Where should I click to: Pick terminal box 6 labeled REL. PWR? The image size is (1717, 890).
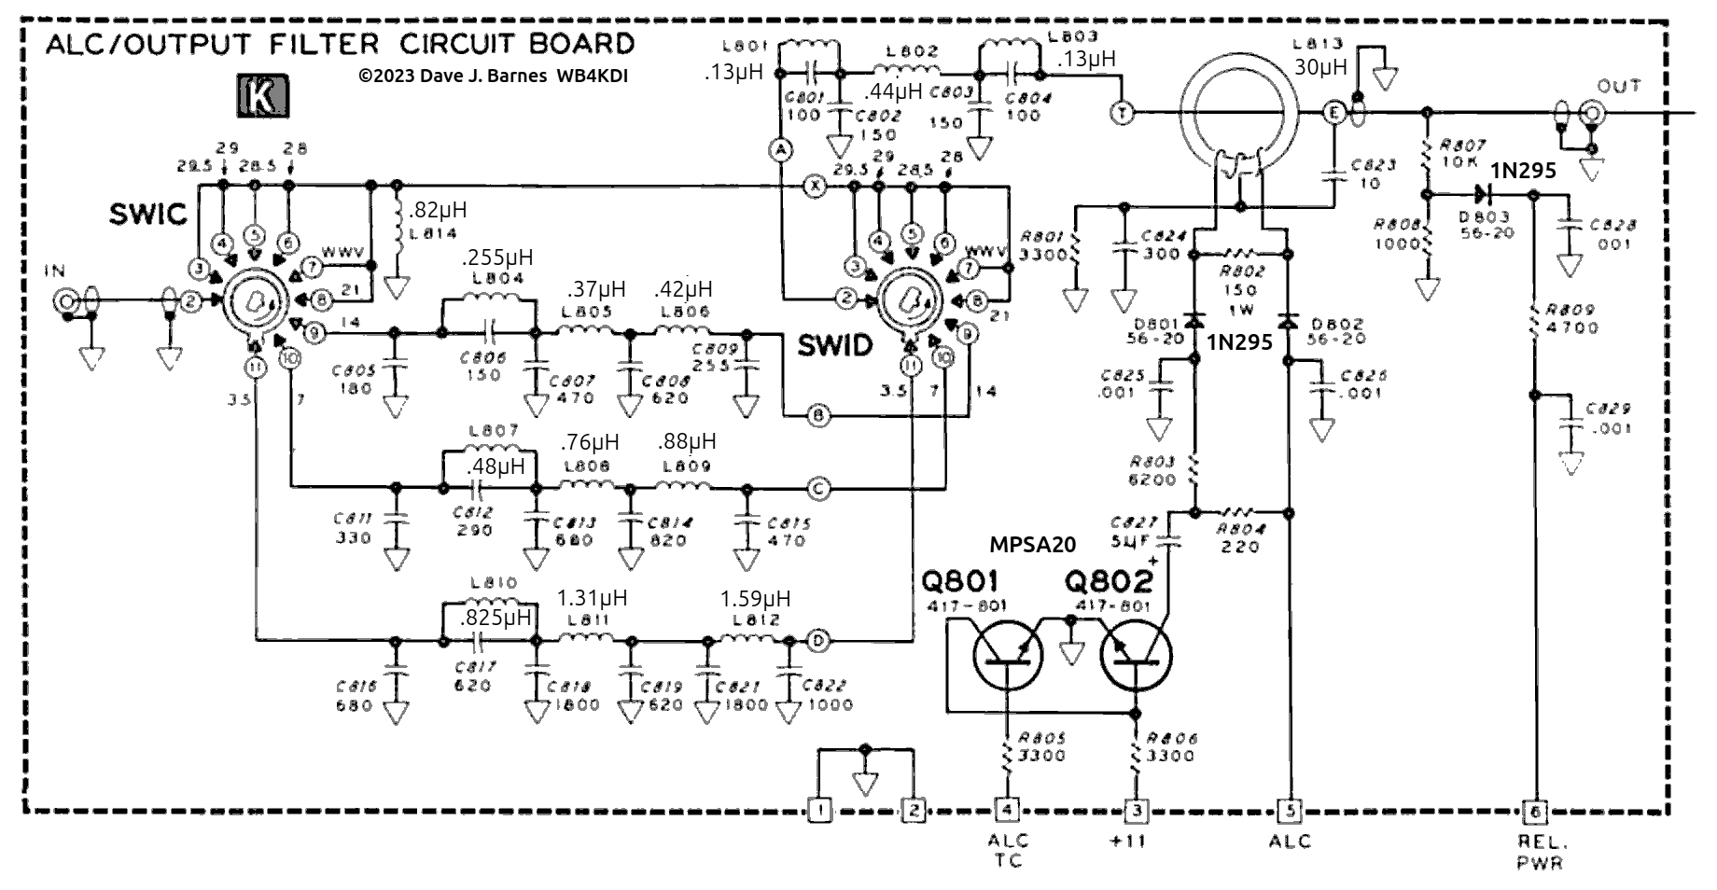click(1534, 812)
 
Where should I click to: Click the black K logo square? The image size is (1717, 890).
click(262, 97)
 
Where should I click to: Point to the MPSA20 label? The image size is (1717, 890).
click(1033, 544)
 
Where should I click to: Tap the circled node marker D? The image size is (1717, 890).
click(818, 641)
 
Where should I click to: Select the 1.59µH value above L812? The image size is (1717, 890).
click(755, 598)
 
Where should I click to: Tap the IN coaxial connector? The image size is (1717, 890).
click(67, 300)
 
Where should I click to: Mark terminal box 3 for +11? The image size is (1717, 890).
click(1136, 810)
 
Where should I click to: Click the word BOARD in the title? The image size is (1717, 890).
click(577, 44)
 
